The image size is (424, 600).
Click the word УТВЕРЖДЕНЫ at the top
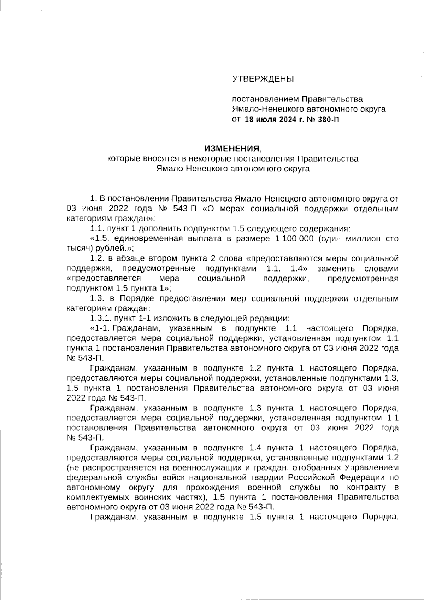[263, 78]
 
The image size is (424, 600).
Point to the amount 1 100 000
[294, 239]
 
